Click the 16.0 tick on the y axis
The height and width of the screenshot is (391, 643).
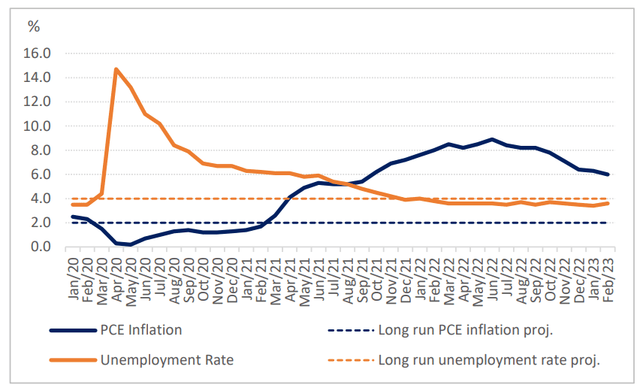click(x=38, y=53)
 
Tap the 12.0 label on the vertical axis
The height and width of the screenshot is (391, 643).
click(x=38, y=102)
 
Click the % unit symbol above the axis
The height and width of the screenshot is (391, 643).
click(x=34, y=27)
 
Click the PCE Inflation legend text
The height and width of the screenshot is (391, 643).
click(x=141, y=329)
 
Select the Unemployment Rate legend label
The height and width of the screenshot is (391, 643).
click(x=167, y=360)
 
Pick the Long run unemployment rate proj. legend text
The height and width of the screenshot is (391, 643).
click(x=489, y=360)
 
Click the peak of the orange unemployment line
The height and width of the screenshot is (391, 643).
click(x=116, y=69)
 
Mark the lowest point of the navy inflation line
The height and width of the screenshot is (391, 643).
click(x=131, y=244)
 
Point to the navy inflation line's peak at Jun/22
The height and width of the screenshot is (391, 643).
click(x=492, y=139)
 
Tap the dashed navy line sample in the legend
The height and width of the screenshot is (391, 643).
click(x=350, y=329)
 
